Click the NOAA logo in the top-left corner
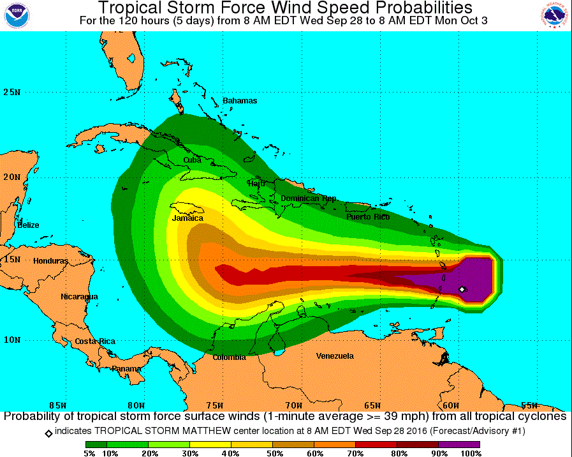pos(17,15)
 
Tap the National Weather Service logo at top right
pos(554,15)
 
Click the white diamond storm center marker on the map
pos(462,289)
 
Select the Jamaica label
pos(187,218)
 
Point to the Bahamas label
pos(240,101)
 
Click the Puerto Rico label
pos(368,217)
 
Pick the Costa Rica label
pos(95,341)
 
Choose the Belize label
pos(28,225)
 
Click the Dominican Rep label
pos(308,199)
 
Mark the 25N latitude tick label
pos(11,92)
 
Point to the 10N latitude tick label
pos(11,340)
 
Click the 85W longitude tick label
pos(57,405)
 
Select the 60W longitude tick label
pos(451,405)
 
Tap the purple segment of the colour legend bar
pos(459,444)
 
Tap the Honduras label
pos(50,261)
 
